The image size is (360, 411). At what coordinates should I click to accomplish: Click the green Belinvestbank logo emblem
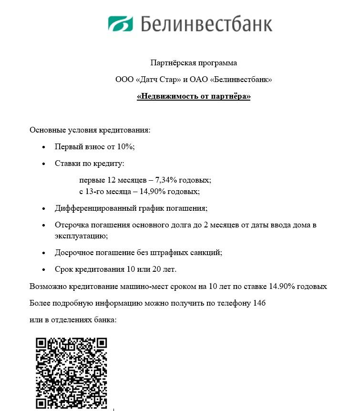tap(120, 23)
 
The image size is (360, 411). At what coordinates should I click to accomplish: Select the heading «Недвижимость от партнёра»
tap(194, 96)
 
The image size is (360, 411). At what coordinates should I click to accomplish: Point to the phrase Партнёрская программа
tap(194, 62)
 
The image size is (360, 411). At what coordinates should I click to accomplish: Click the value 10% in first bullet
tap(125, 146)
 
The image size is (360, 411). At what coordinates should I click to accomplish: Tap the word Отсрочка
tap(71, 225)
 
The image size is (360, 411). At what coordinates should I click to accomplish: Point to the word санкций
tap(207, 252)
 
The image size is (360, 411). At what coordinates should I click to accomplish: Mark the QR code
tap(72, 373)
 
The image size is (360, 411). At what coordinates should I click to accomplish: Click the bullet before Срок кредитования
tap(44, 270)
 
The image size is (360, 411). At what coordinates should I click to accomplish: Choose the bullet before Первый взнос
tap(44, 147)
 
